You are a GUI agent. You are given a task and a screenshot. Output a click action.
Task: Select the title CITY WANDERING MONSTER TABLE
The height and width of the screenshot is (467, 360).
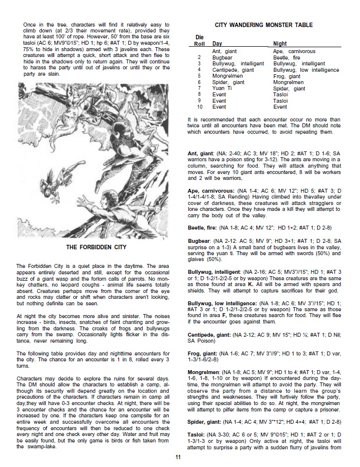point(264,25)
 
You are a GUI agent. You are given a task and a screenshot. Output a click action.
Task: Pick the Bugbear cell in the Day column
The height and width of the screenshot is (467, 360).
point(222,58)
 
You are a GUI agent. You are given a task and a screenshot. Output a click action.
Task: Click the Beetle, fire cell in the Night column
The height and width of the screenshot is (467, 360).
point(287,58)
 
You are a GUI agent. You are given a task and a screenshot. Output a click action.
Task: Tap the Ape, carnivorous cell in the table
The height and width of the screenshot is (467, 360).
point(294,51)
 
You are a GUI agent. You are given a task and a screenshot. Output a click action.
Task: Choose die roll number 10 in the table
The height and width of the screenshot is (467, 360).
point(200,107)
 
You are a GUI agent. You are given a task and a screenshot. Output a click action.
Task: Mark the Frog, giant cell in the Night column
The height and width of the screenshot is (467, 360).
point(287,76)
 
